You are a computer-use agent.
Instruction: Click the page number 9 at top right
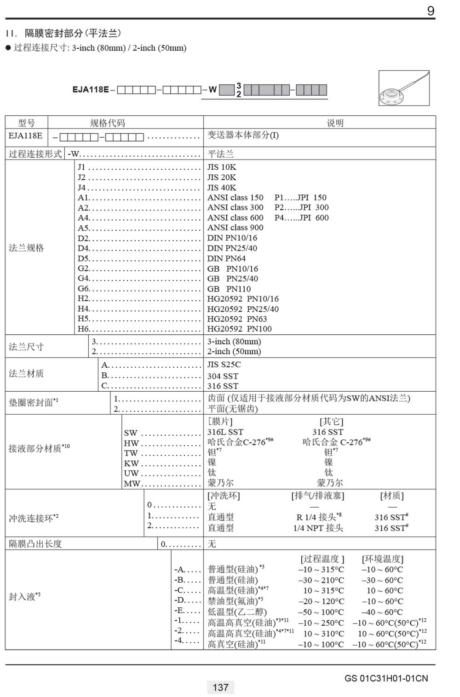click(431, 11)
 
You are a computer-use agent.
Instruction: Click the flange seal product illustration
click(404, 88)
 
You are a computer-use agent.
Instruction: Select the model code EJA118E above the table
click(91, 90)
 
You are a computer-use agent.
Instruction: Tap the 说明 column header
click(335, 123)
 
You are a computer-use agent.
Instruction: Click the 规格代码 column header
click(107, 123)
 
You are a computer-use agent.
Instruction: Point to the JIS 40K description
click(222, 188)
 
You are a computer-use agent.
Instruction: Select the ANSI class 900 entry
click(235, 228)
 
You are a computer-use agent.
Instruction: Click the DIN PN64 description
click(226, 258)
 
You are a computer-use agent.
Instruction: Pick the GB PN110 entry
click(229, 289)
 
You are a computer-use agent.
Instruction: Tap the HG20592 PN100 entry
click(239, 329)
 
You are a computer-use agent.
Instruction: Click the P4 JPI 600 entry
click(301, 217)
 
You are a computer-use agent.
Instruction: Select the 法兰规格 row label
click(26, 248)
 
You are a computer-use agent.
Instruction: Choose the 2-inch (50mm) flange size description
click(234, 351)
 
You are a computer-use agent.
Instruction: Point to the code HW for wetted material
click(131, 443)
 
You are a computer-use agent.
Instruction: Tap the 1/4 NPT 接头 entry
click(318, 528)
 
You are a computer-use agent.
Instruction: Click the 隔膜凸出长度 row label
click(35, 543)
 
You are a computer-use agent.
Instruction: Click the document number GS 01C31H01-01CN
click(386, 678)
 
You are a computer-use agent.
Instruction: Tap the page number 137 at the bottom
click(220, 687)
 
